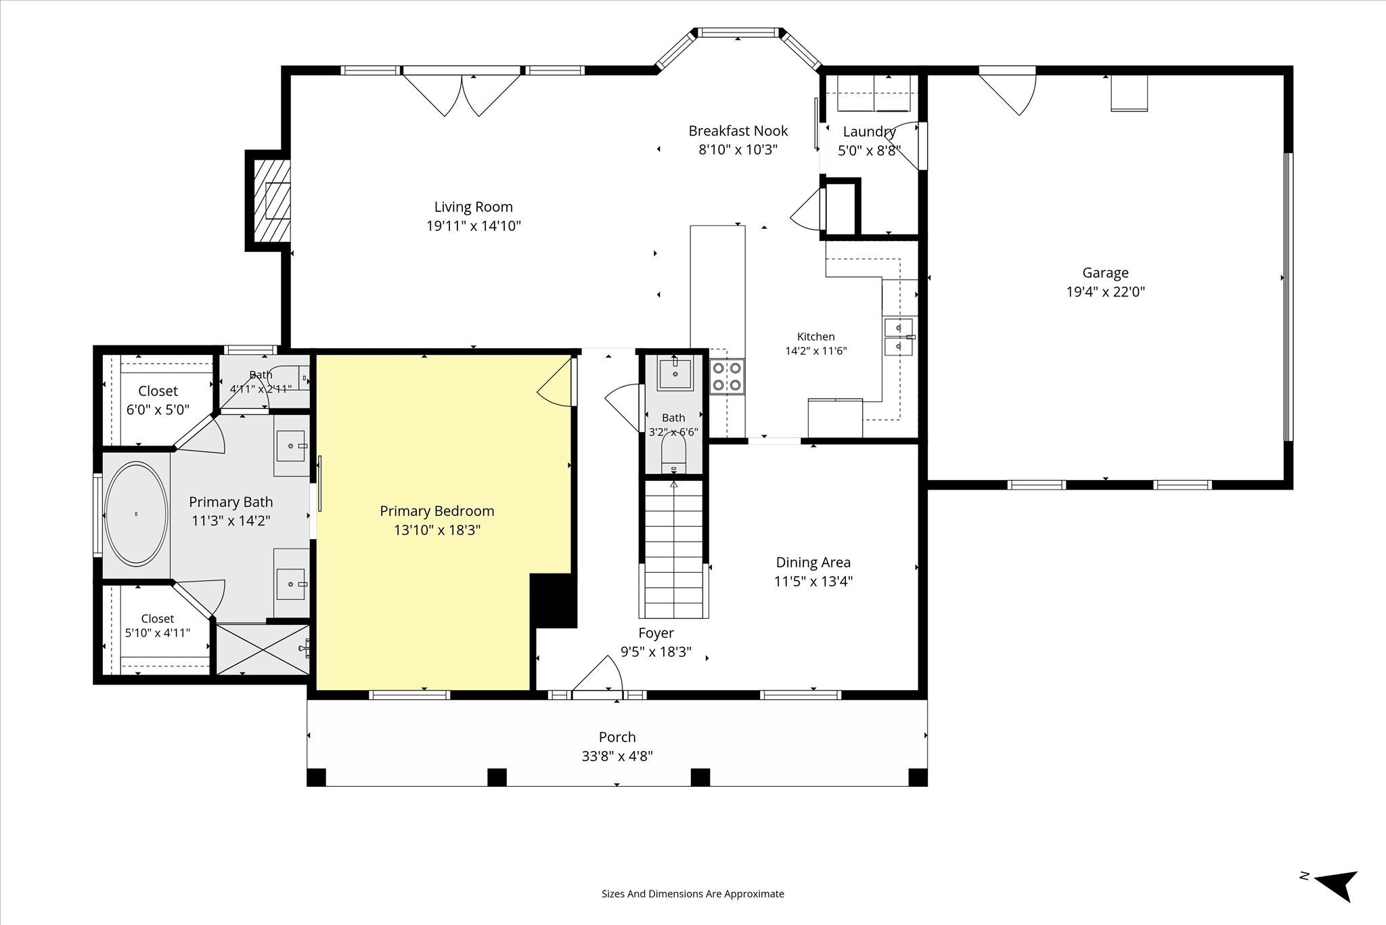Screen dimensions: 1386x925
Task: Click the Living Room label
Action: tap(473, 207)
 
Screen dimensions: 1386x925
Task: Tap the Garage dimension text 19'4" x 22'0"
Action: tap(1105, 292)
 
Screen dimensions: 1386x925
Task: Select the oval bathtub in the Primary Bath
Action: tap(136, 514)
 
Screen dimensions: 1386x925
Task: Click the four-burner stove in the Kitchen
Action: tap(727, 377)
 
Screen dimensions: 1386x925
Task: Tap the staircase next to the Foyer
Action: tap(673, 548)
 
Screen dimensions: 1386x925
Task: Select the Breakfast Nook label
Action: tap(738, 131)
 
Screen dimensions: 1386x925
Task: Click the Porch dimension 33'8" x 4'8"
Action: tap(617, 756)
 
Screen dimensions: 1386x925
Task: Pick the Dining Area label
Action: tap(813, 562)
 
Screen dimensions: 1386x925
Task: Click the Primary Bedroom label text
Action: tap(437, 511)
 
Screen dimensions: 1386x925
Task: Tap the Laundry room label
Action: tap(869, 131)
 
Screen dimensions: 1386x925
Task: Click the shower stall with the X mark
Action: tap(262, 649)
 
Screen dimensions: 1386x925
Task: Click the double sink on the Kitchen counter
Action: tap(899, 337)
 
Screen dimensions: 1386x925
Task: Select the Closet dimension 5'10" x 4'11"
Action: tap(158, 633)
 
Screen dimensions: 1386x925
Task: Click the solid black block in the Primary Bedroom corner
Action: tap(553, 601)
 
